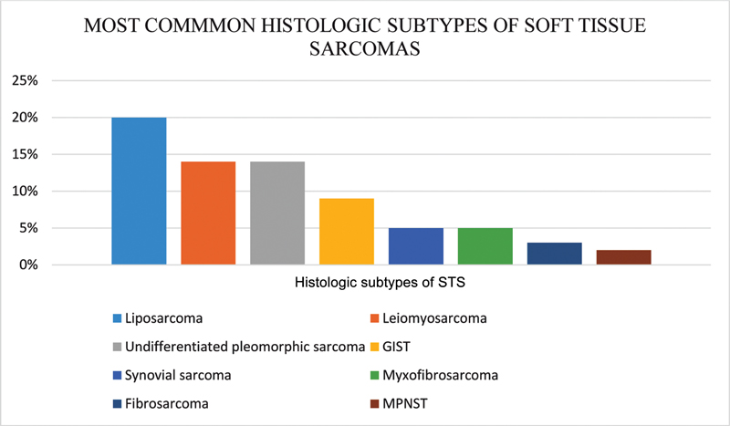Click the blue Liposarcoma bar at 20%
139,192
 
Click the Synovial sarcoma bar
415,246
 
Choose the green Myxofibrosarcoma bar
485,246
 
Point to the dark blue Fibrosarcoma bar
554,254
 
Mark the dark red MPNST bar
623,257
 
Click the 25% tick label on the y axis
25,81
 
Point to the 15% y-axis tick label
25,155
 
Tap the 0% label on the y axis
28,265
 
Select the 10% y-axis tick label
25,192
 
